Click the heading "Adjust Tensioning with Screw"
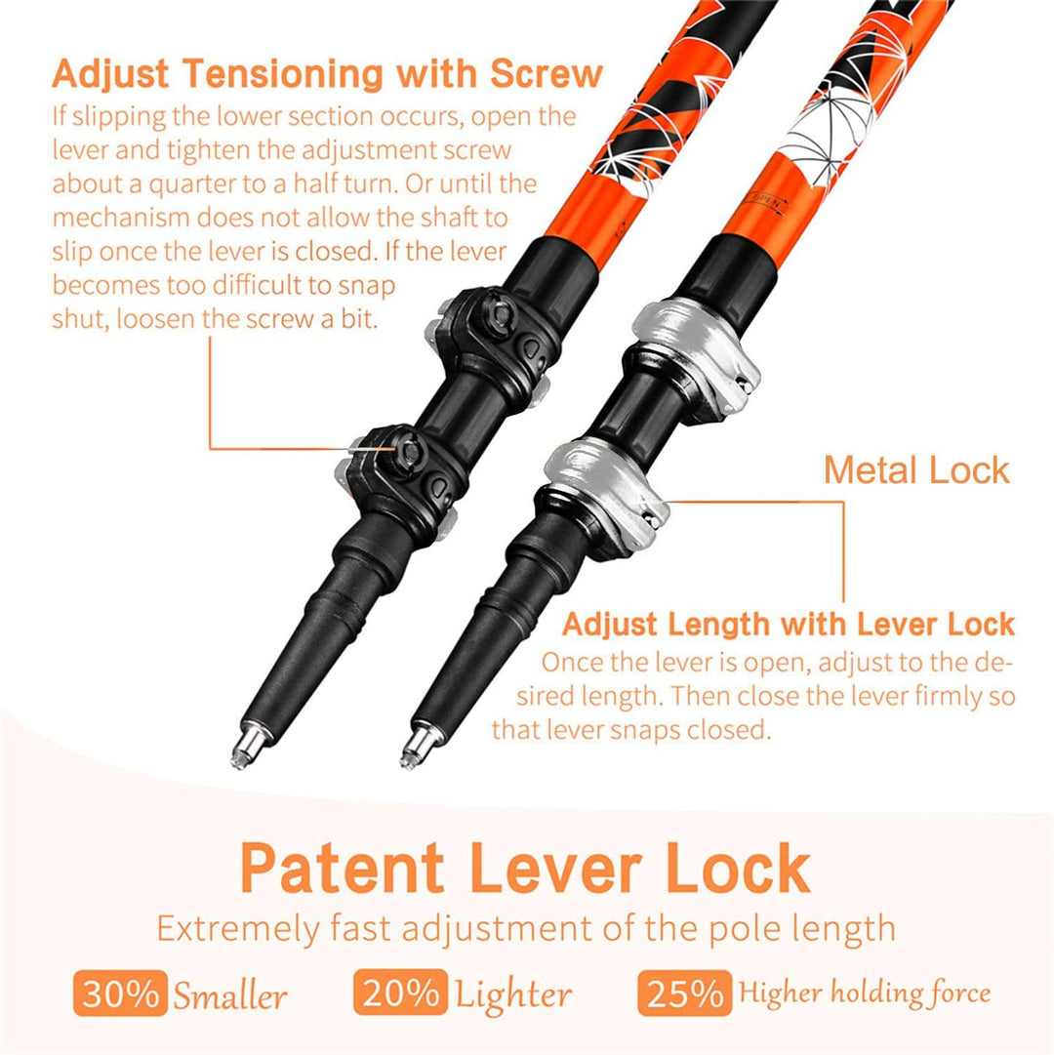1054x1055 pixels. (x=327, y=73)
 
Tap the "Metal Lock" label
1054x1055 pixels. (x=916, y=469)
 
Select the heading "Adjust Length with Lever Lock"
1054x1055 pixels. (x=789, y=625)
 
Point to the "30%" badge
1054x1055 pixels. (x=120, y=993)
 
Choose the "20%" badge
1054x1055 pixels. (x=400, y=992)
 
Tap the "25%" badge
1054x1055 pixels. (x=685, y=992)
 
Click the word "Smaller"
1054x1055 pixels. (x=230, y=995)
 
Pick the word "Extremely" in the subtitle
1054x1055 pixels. (x=238, y=929)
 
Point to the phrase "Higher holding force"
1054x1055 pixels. (x=865, y=993)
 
